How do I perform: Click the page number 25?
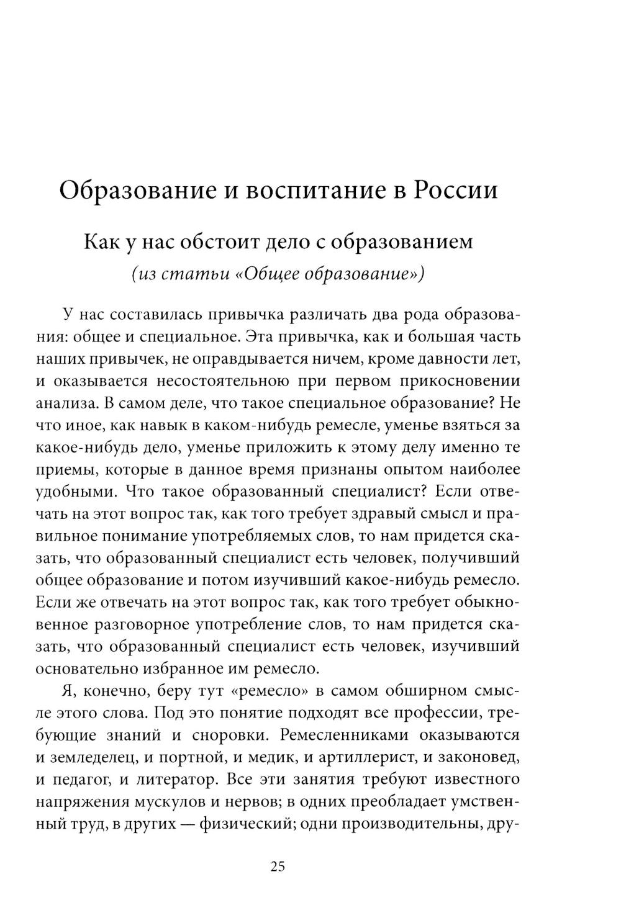278,867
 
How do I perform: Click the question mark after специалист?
424,491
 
